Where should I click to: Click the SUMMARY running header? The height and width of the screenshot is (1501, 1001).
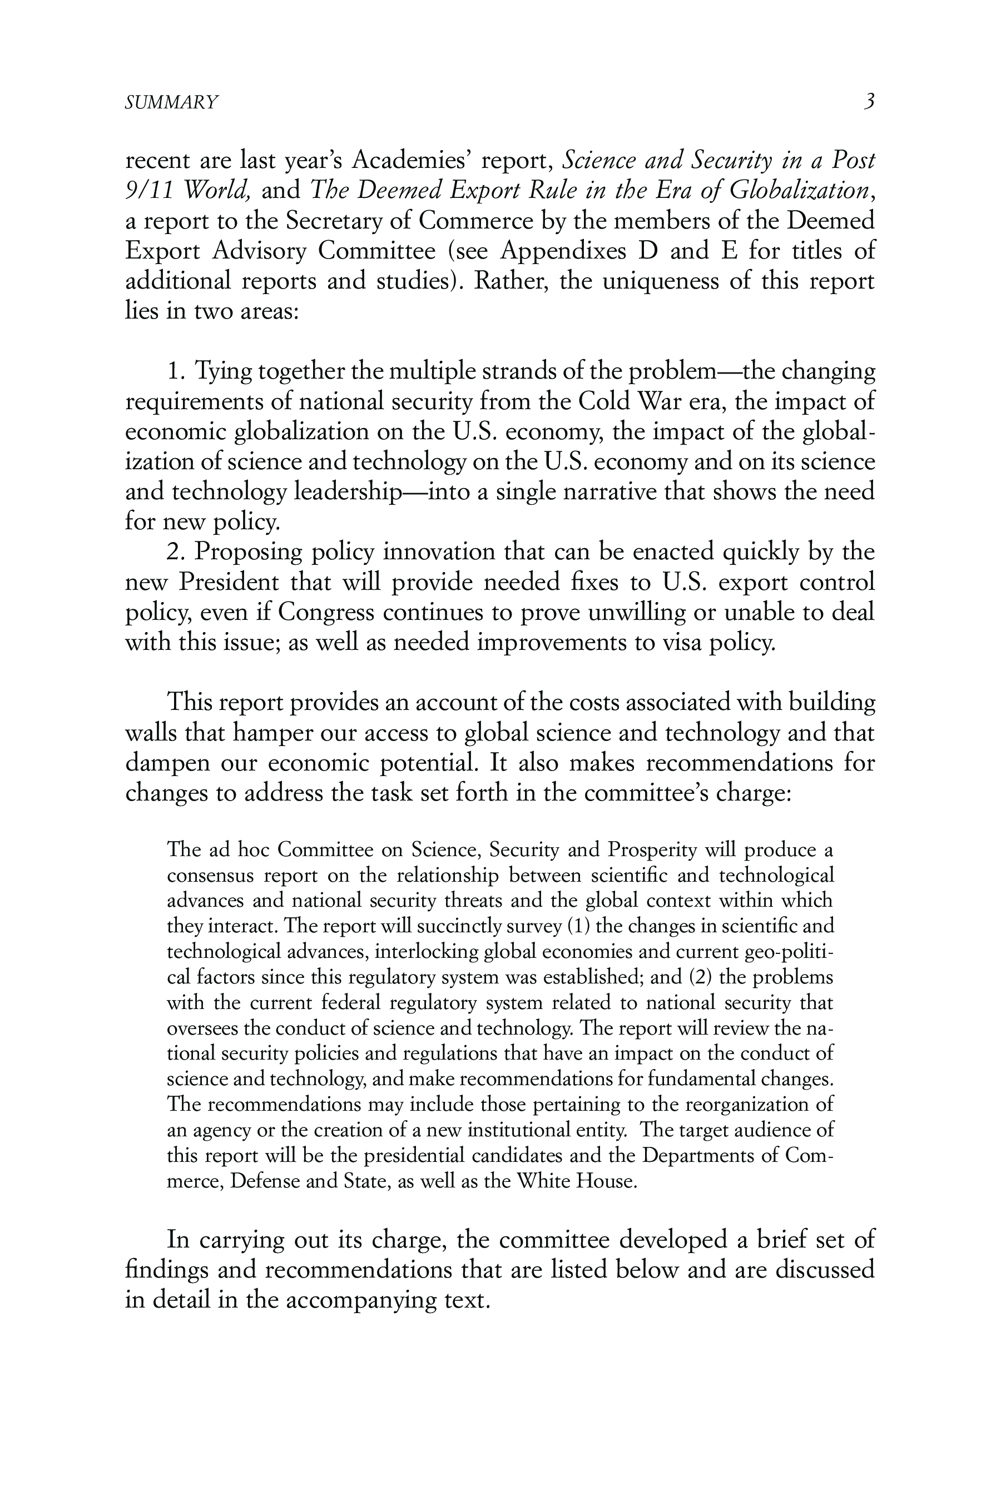tap(171, 102)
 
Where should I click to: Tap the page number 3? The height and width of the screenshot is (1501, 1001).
tap(868, 101)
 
